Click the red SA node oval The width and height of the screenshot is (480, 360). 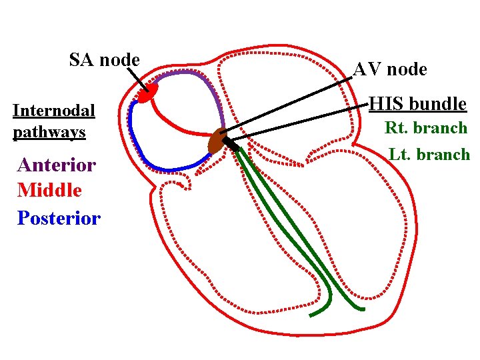(x=147, y=93)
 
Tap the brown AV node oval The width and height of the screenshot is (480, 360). (x=216, y=141)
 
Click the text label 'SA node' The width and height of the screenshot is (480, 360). (x=105, y=60)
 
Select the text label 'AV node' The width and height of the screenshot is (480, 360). (x=390, y=69)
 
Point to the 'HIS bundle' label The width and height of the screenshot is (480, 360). (x=418, y=104)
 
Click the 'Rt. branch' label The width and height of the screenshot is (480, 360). (x=427, y=128)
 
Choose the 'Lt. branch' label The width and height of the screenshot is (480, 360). (x=429, y=155)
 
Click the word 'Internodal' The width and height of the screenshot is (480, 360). (x=54, y=110)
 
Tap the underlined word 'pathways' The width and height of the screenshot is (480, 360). (x=49, y=132)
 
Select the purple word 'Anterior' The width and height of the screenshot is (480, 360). (x=57, y=165)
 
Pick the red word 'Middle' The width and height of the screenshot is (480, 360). (x=50, y=191)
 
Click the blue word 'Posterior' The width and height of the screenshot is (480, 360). (x=59, y=218)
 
